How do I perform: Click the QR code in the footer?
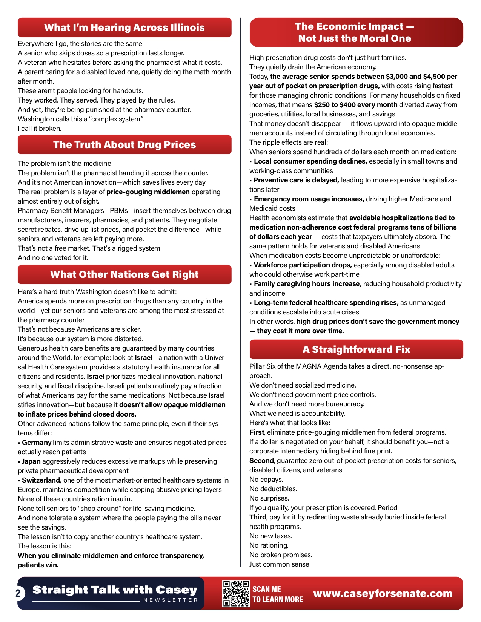point(236,593)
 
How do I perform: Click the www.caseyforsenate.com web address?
point(383,593)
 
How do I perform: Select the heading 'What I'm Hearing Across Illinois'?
point(124,28)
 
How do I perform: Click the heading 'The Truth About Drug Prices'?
point(124,145)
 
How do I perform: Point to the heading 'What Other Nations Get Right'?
point(124,274)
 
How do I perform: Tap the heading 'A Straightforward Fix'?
point(356,349)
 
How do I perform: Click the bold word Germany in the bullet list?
point(37,443)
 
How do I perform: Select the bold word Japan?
point(31,461)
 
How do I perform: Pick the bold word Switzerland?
point(41,480)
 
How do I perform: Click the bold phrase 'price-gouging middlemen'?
point(148,192)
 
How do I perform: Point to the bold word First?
point(257,432)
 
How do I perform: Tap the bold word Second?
point(261,461)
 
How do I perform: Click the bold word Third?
point(258,517)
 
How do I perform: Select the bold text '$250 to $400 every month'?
point(355,105)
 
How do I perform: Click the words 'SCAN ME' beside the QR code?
point(267,589)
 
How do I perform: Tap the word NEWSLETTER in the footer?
point(171,600)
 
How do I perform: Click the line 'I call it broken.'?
point(40,129)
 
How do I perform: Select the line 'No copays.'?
point(266,480)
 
